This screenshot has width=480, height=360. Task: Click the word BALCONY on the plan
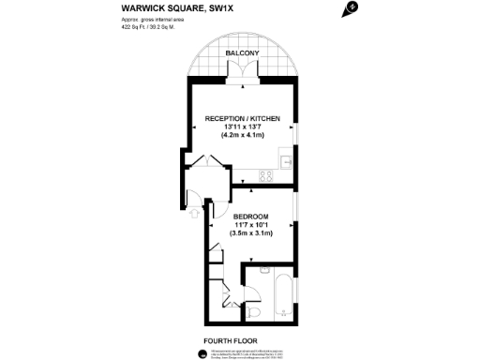click(x=243, y=54)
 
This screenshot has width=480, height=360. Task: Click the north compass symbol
click(x=352, y=8)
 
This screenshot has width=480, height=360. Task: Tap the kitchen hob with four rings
click(x=265, y=173)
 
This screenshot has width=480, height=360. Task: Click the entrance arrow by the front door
click(x=193, y=212)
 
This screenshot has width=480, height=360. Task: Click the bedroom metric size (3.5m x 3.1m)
click(x=252, y=233)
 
